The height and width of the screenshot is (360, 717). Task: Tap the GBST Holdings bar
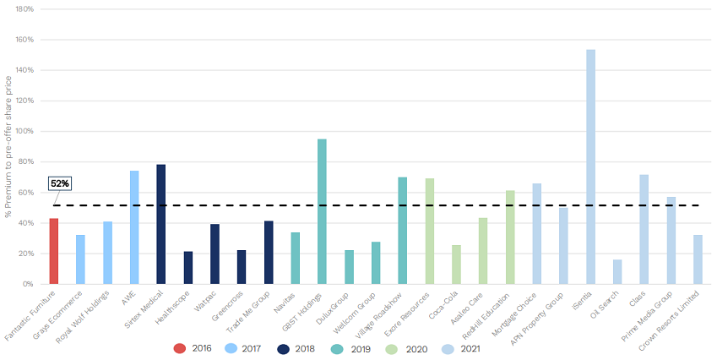[x=322, y=211]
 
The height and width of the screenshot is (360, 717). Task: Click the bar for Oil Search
[x=617, y=272]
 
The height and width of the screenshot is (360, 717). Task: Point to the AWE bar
[x=134, y=227]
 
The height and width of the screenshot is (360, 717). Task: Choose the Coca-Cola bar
[x=456, y=265]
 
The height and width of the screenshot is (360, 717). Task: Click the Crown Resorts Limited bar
[x=698, y=259]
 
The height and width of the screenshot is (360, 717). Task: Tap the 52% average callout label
[x=60, y=183]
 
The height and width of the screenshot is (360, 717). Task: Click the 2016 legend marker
[x=180, y=347]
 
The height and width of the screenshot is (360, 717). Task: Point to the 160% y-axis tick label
[x=24, y=40]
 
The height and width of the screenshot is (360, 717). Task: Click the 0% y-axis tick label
[x=27, y=284]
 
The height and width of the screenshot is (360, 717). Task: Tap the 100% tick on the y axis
[x=24, y=131]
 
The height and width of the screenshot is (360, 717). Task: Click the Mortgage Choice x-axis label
[x=521, y=310]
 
